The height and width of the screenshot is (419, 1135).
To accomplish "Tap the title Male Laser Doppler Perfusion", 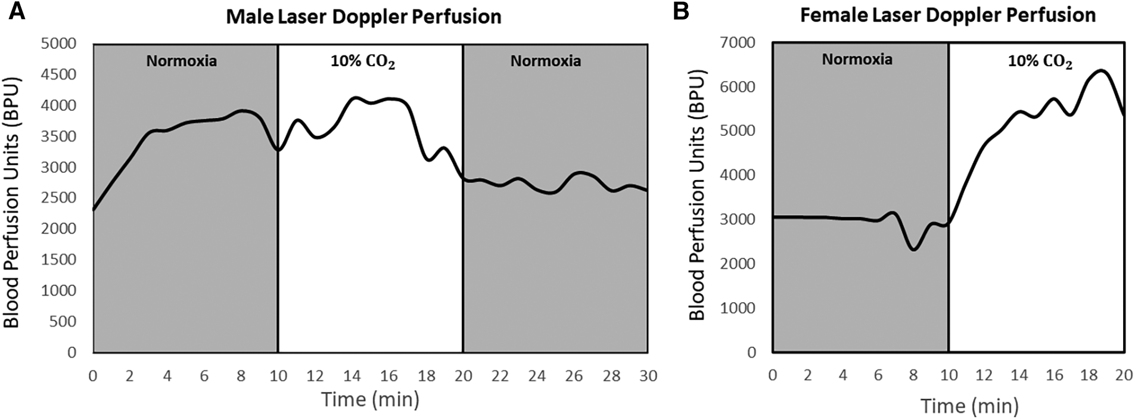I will click(x=363, y=16).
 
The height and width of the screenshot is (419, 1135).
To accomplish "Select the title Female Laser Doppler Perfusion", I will click(x=947, y=15).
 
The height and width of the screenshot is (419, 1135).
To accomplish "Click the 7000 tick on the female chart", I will click(x=738, y=43).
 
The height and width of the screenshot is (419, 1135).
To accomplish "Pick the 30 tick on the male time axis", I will click(x=648, y=376).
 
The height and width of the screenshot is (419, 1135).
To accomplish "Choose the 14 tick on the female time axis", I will click(x=1019, y=375).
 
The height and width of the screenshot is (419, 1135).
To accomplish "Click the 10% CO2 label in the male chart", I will click(x=363, y=61).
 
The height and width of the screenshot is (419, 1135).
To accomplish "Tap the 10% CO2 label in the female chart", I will click(x=1040, y=61).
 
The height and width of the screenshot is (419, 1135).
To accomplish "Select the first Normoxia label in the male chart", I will click(x=182, y=61).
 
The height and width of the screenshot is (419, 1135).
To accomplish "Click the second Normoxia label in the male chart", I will click(x=545, y=61).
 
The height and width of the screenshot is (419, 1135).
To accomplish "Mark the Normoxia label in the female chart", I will click(x=857, y=59).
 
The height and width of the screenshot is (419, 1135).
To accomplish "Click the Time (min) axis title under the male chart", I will click(x=370, y=399).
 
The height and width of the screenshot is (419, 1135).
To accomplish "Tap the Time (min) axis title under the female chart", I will click(x=969, y=406).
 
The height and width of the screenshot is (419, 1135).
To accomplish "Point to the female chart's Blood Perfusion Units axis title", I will click(x=696, y=197).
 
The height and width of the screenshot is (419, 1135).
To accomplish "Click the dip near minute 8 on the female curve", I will click(x=913, y=249).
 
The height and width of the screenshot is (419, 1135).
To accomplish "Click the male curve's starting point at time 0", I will click(x=94, y=209).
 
